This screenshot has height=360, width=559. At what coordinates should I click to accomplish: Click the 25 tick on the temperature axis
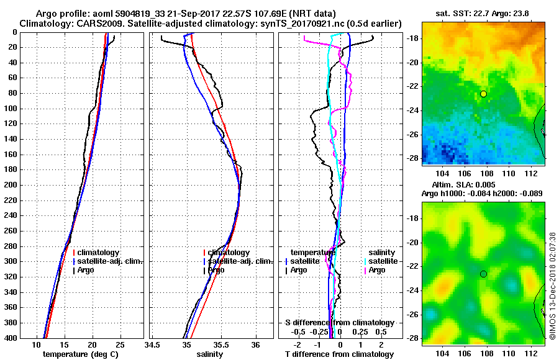pos(120,344)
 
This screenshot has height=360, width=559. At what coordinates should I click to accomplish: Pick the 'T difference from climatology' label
pos(339,354)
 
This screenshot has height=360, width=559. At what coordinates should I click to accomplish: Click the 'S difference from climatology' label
pos(339,323)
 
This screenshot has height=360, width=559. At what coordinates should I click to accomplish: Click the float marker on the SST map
pos(483,94)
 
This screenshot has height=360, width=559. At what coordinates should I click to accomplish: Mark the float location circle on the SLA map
pos(483,274)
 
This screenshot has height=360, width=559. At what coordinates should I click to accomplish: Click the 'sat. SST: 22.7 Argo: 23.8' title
pos(483,13)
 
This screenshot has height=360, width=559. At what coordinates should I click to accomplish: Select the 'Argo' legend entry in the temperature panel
pos(87,270)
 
